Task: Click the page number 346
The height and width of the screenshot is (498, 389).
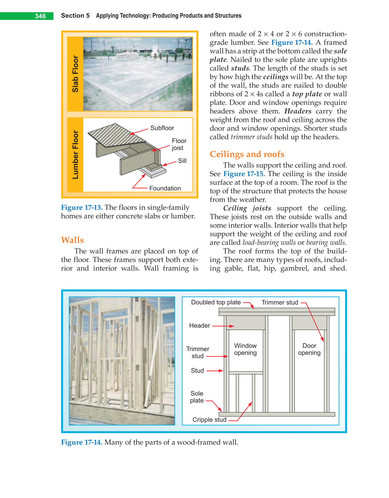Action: [x=40, y=16]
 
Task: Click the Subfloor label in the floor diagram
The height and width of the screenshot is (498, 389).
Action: [x=162, y=128]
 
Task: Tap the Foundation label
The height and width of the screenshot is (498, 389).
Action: [x=165, y=188]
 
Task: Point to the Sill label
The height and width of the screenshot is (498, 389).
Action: [x=182, y=161]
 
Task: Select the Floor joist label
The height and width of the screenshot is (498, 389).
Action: [x=179, y=144]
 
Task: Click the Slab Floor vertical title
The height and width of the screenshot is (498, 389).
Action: [x=75, y=74]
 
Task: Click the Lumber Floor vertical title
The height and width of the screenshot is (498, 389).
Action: [x=75, y=155]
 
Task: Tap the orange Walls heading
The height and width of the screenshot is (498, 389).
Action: [x=72, y=240]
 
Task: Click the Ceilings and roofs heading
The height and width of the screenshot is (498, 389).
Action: [x=247, y=154]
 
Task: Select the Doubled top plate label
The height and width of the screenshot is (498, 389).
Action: [x=216, y=302]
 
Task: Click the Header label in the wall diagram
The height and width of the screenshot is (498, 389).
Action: [x=199, y=326]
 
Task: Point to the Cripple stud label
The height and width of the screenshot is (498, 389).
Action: [x=209, y=420]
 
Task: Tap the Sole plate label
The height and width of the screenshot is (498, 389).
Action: [x=197, y=397]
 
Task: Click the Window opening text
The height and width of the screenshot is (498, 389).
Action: [x=245, y=349]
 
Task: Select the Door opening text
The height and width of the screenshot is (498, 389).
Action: [x=309, y=349]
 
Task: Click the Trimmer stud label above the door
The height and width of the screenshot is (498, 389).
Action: [x=280, y=302]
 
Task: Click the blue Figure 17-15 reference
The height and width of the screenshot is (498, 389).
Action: [x=244, y=174]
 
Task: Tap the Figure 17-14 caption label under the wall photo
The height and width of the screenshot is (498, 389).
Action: [x=81, y=442]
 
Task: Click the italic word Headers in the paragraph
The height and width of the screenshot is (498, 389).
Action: [x=298, y=111]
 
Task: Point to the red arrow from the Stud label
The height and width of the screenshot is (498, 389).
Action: [x=215, y=371]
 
